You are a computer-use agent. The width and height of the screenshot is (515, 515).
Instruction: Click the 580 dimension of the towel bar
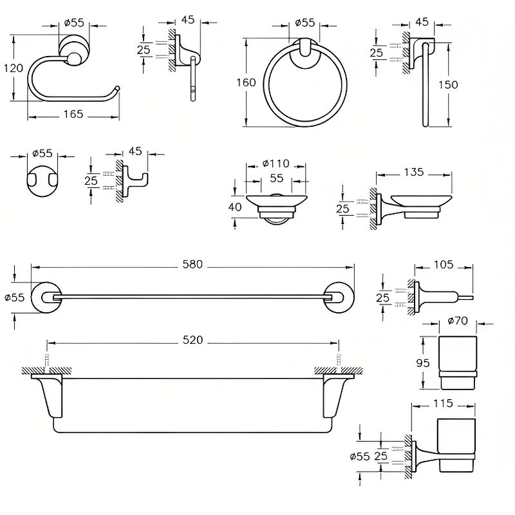click(193, 264)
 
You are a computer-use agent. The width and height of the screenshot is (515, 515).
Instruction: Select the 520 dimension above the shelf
click(192, 340)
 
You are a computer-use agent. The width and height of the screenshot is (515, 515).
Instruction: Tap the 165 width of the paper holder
click(73, 114)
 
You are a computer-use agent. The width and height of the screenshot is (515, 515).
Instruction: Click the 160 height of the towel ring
click(246, 82)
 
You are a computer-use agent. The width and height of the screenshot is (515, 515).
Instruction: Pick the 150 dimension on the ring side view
click(447, 85)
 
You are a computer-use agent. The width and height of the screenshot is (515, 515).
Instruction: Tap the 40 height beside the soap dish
click(235, 207)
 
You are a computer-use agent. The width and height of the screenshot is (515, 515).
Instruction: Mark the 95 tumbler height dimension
click(423, 363)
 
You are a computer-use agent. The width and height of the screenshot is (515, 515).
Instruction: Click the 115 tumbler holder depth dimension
click(443, 404)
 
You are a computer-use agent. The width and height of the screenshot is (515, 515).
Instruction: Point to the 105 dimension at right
click(443, 264)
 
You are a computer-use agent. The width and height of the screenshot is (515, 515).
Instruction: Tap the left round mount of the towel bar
click(46, 297)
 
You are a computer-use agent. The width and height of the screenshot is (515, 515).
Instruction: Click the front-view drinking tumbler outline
click(457, 362)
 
